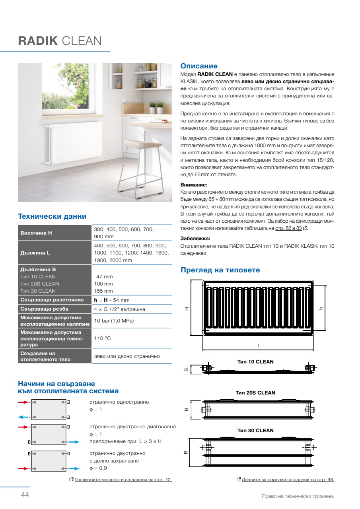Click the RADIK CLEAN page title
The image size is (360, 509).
click(60, 41)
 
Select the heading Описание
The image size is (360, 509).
click(199, 66)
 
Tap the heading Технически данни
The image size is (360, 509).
click(52, 216)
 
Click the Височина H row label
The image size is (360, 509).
click(36, 233)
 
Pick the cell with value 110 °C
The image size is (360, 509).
click(102, 338)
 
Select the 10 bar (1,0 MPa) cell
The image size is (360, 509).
click(114, 321)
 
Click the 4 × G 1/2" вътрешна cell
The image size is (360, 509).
click(119, 309)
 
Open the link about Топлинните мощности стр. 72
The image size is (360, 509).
click(123, 480)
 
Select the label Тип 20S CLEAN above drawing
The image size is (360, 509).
click(255, 392)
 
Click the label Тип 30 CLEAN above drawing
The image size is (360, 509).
click(255, 430)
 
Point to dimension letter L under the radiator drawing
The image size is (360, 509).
click(259, 346)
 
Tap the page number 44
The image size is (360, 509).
click(25, 495)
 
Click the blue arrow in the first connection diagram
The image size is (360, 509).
click(23, 417)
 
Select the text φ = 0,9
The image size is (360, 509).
click(98, 468)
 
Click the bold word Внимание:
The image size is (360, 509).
click(194, 185)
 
